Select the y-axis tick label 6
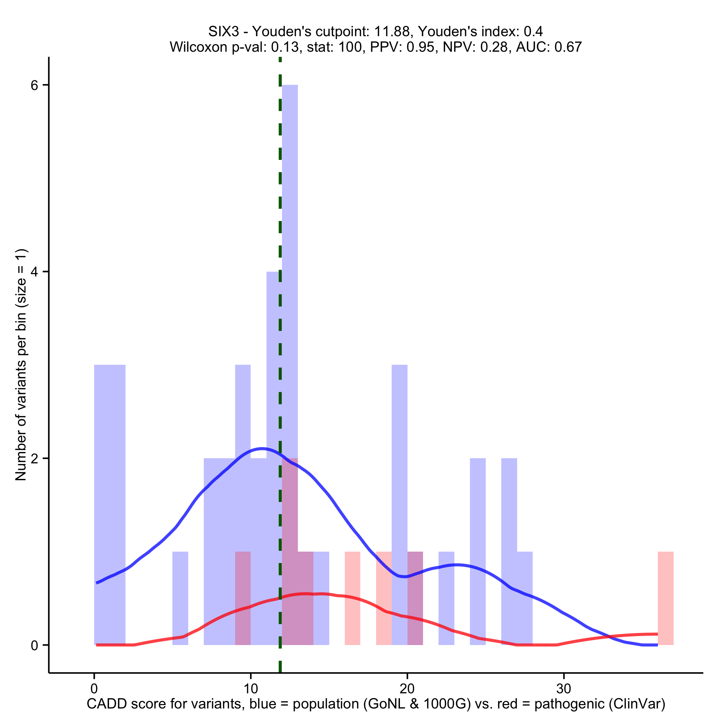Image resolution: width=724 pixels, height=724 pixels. [x=34, y=86]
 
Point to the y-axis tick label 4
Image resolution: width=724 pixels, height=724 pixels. [x=34, y=272]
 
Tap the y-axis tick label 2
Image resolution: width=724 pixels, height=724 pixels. [x=34, y=459]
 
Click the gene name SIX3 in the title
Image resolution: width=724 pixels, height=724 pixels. [x=223, y=31]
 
